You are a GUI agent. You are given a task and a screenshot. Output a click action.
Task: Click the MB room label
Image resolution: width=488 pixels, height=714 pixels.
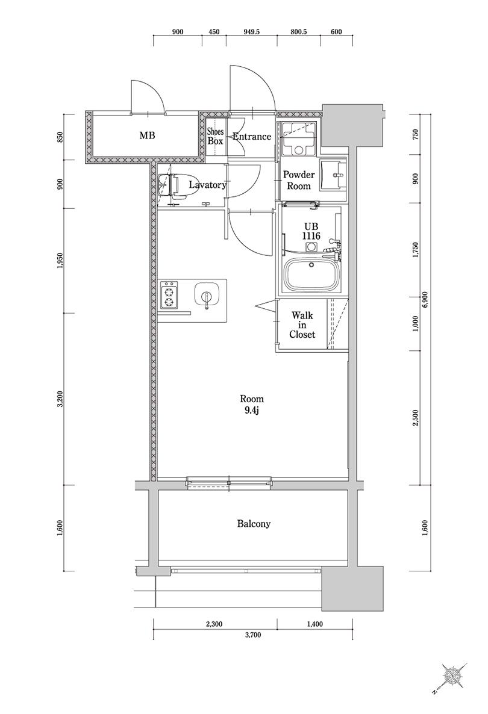pyautogui.click(x=147, y=135)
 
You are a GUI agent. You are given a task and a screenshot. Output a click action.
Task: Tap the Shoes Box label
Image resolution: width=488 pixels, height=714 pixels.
pyautogui.click(x=216, y=136)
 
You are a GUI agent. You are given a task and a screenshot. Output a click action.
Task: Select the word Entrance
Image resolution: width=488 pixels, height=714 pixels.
pyautogui.click(x=251, y=136)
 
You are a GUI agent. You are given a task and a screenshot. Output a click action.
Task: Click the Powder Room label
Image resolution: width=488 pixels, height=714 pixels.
pyautogui.click(x=299, y=181)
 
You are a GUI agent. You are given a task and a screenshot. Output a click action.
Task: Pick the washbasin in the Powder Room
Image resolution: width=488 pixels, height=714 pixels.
pyautogui.click(x=333, y=175)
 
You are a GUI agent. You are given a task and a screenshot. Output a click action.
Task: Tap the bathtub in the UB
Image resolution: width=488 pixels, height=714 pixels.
pyautogui.click(x=313, y=276)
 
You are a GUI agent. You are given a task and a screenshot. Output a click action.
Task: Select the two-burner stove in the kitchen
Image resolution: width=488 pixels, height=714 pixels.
pyautogui.click(x=169, y=294)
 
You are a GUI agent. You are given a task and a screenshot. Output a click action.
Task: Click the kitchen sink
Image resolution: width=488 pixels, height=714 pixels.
pyautogui.click(x=207, y=295)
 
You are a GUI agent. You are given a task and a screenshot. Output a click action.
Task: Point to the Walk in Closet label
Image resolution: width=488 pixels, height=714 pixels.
pyautogui.click(x=302, y=324)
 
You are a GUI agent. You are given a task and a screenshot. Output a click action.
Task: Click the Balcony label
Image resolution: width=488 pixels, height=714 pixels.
pyautogui.click(x=254, y=524)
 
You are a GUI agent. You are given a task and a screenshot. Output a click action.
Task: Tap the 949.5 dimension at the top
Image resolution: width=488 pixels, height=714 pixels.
pyautogui.click(x=251, y=32)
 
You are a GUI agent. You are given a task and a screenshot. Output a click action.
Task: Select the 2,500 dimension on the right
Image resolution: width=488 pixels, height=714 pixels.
pyautogui.click(x=415, y=418)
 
